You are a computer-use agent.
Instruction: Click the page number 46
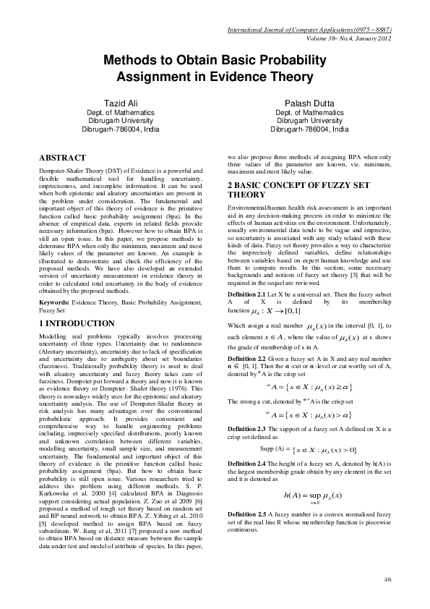[387, 579]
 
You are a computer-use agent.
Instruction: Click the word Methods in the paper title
[132, 60]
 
